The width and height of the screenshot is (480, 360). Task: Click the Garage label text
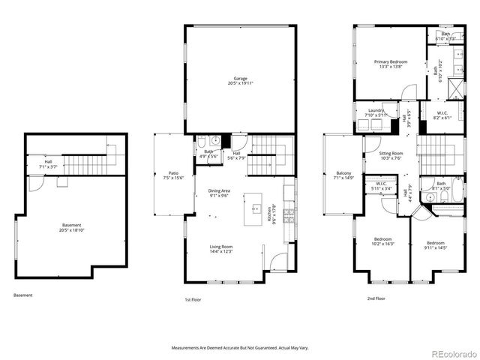tap(240, 78)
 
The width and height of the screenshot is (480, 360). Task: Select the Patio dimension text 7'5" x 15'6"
tap(174, 178)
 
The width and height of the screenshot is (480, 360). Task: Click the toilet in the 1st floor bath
tap(214, 139)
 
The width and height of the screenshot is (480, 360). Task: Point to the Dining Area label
tap(220, 192)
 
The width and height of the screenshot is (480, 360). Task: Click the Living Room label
tap(220, 247)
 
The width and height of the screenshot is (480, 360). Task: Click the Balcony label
tap(343, 173)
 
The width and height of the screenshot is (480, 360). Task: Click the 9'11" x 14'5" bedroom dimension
tap(436, 246)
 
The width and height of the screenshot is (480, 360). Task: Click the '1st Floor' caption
tap(193, 299)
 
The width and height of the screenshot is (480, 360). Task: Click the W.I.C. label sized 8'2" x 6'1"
tap(442, 115)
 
